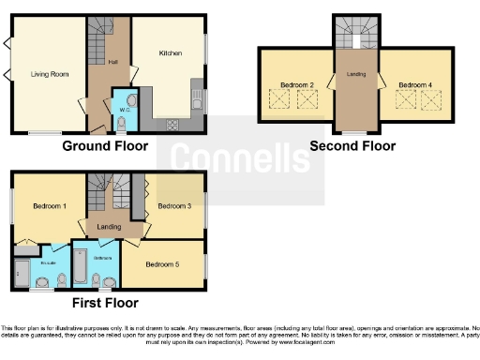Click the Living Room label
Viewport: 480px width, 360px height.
tap(51, 73)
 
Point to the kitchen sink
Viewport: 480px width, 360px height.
tap(197, 95)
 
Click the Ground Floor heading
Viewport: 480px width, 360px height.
tap(105, 146)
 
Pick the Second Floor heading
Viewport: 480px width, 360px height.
tap(354, 146)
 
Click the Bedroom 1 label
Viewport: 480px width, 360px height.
tap(49, 206)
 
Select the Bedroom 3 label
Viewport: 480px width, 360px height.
tap(174, 205)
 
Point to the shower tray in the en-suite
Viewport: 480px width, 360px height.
tap(20, 273)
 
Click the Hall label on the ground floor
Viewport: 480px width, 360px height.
tap(112, 62)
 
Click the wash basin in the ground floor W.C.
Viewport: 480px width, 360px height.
tap(132, 99)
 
